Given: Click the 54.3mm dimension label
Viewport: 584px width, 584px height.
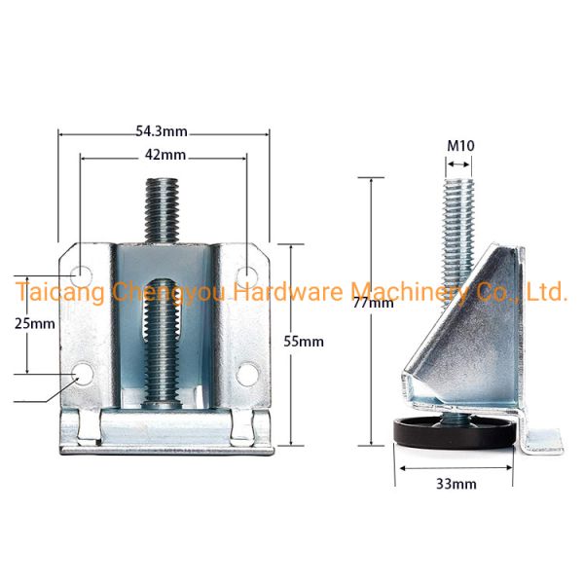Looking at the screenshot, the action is (x=162, y=131).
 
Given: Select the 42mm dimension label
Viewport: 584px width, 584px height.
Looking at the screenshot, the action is (x=165, y=155).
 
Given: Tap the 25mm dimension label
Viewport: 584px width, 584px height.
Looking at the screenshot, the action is (x=35, y=323).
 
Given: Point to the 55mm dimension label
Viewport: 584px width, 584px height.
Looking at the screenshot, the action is (x=304, y=342).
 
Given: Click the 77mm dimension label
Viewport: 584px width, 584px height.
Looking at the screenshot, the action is (x=373, y=303).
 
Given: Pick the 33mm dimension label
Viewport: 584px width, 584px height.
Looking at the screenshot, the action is (x=456, y=484).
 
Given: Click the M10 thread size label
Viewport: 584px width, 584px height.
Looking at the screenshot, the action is (x=460, y=146).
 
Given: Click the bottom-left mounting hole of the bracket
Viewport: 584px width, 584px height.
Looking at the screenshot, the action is (x=83, y=374).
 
